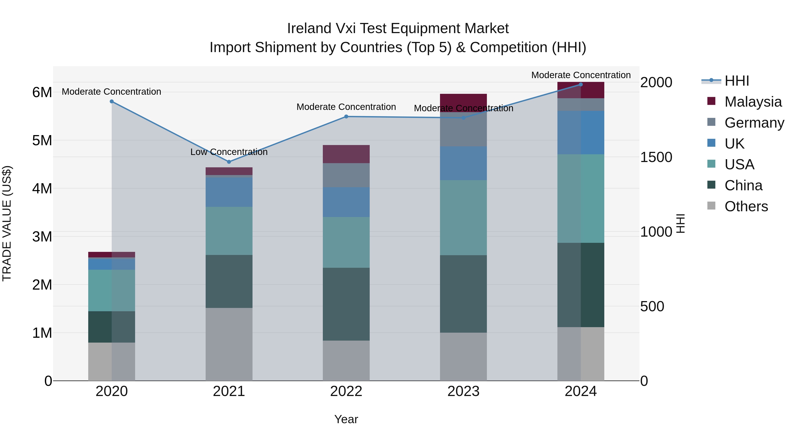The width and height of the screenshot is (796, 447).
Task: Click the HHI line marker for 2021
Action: click(x=229, y=162)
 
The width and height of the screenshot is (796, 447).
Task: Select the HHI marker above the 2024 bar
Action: click(x=581, y=85)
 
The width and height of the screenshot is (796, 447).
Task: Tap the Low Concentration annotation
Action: click(x=229, y=152)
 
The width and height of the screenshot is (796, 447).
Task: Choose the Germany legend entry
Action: click(x=754, y=123)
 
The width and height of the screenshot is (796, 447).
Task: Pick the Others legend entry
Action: click(x=746, y=206)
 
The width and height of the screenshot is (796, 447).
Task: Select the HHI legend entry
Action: click(x=737, y=81)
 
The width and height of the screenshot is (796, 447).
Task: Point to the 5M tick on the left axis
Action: click(x=42, y=141)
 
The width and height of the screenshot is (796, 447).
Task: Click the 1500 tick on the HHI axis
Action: click(x=656, y=157)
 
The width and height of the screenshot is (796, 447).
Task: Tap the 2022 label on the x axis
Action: click(x=346, y=391)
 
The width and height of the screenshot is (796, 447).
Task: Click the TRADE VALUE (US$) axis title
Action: click(x=7, y=223)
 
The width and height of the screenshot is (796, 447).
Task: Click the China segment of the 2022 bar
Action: click(x=346, y=304)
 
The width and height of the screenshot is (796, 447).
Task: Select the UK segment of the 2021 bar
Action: click(x=229, y=192)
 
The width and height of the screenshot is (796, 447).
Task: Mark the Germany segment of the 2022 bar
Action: click(x=346, y=175)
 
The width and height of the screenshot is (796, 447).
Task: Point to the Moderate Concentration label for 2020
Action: click(x=112, y=92)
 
